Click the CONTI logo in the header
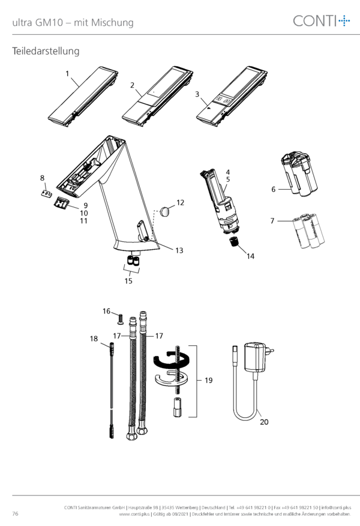point(322,21)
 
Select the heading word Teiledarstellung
point(46,51)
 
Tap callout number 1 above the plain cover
point(67,73)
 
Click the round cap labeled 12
point(165,211)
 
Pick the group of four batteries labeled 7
point(308,231)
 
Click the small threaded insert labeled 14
point(233,241)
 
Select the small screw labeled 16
point(120,318)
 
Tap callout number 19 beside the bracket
point(208,381)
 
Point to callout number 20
point(264,422)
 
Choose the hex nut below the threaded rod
point(178,407)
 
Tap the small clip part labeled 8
point(47,193)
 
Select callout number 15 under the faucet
point(128,281)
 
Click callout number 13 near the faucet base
point(179,250)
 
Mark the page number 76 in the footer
point(16,513)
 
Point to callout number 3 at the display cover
point(197,94)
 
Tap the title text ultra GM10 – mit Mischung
point(73,22)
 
